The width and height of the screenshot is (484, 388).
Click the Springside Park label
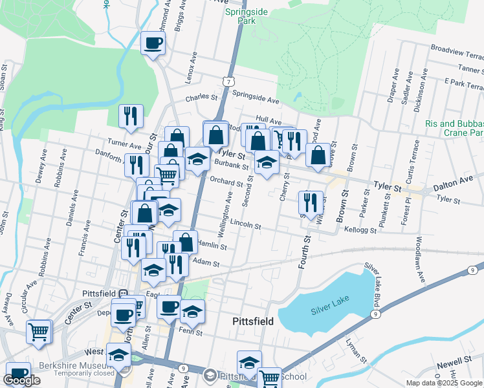pyautogui.click(x=242, y=16)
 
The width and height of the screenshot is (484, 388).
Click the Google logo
pyautogui.click(x=21, y=380)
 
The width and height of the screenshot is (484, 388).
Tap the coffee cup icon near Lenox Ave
pyautogui.click(x=153, y=44)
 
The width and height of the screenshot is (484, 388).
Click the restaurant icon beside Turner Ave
pyautogui.click(x=131, y=116)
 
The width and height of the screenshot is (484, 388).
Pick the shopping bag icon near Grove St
pyautogui.click(x=318, y=155)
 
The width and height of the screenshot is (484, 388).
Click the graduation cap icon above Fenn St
pyautogui.click(x=192, y=312)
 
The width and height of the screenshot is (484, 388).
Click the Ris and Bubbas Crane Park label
pyautogui.click(x=454, y=127)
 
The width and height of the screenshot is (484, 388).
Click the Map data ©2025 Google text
pyautogui.click(x=443, y=382)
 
